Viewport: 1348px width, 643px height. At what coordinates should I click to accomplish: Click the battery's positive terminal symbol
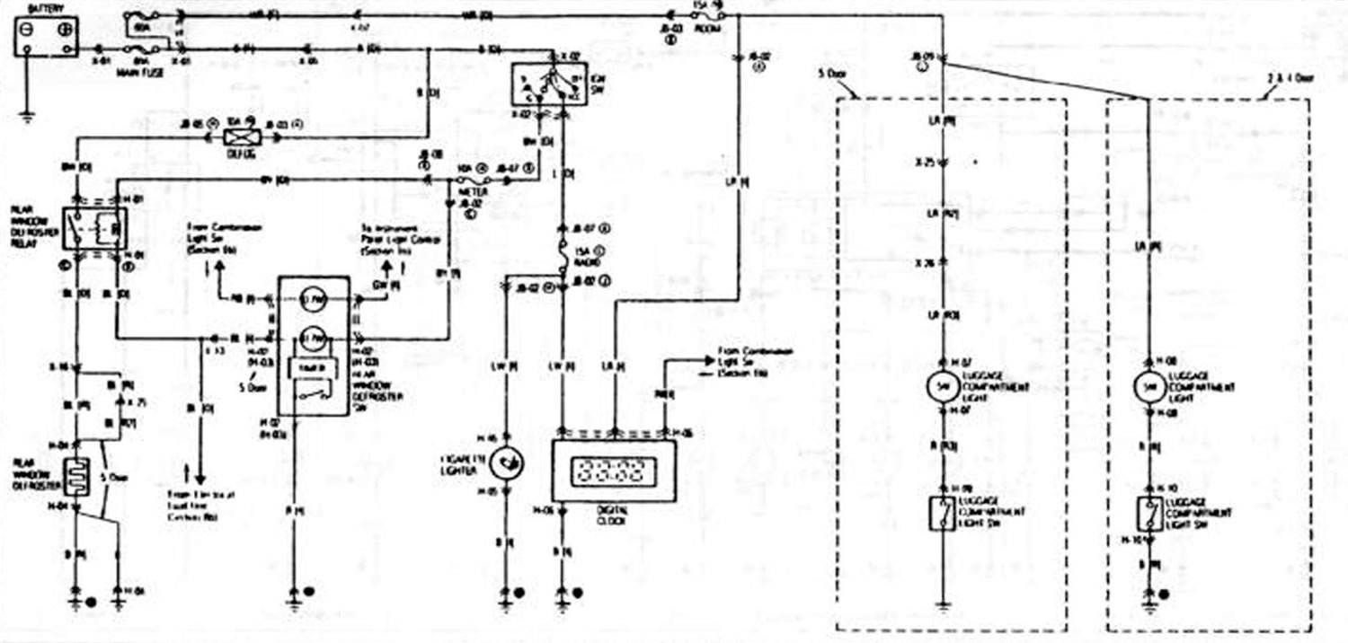tap(64, 29)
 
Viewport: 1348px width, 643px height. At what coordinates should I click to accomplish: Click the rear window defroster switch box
tap(313, 346)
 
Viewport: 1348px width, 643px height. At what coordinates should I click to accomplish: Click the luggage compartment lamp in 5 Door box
tap(943, 386)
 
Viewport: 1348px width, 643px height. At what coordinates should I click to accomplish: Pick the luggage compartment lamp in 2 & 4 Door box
tap(1151, 387)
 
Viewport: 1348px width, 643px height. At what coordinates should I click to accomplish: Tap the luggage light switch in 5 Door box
tap(943, 514)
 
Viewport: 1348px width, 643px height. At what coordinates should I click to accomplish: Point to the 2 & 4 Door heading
tap(1290, 79)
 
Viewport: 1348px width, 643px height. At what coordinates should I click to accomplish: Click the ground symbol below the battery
tap(28, 116)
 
